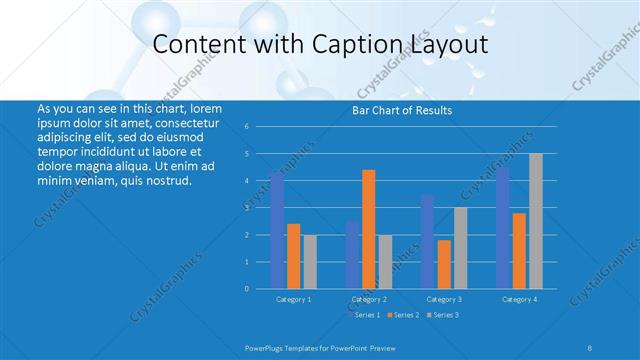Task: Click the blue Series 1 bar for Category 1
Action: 277,230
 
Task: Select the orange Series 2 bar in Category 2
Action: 368,229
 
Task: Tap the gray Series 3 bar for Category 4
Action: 535,221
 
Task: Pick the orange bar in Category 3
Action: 444,264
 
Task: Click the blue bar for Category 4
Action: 503,228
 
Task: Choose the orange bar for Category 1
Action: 293,256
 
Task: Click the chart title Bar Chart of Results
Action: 403,110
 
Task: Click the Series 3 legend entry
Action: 443,315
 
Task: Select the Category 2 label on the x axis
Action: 369,299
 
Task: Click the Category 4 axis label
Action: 519,299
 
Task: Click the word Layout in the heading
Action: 444,45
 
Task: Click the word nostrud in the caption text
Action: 164,181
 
